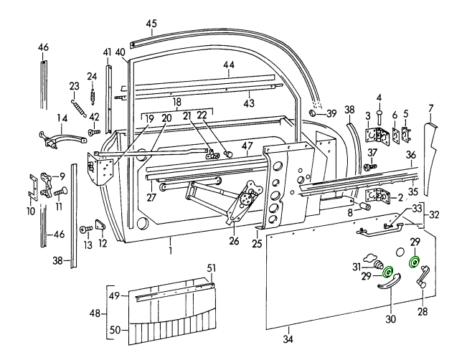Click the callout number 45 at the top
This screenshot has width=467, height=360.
(151, 24)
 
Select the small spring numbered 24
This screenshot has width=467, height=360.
(92, 93)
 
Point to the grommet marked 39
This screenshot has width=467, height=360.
(312, 113)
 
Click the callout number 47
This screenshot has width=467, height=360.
(246, 146)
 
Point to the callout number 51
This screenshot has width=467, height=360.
(211, 268)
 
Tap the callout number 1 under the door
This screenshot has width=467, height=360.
(171, 251)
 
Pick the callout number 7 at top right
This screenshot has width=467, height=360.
(431, 108)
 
